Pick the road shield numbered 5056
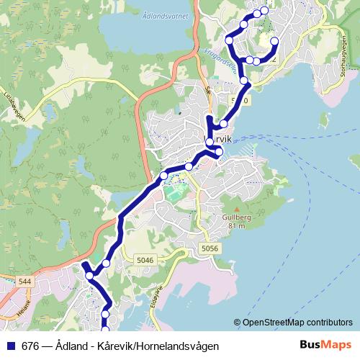210,248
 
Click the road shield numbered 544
25,281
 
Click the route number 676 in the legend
31,346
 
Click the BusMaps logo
325,345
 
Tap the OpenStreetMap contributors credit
297,323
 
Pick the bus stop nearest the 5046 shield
106,264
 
